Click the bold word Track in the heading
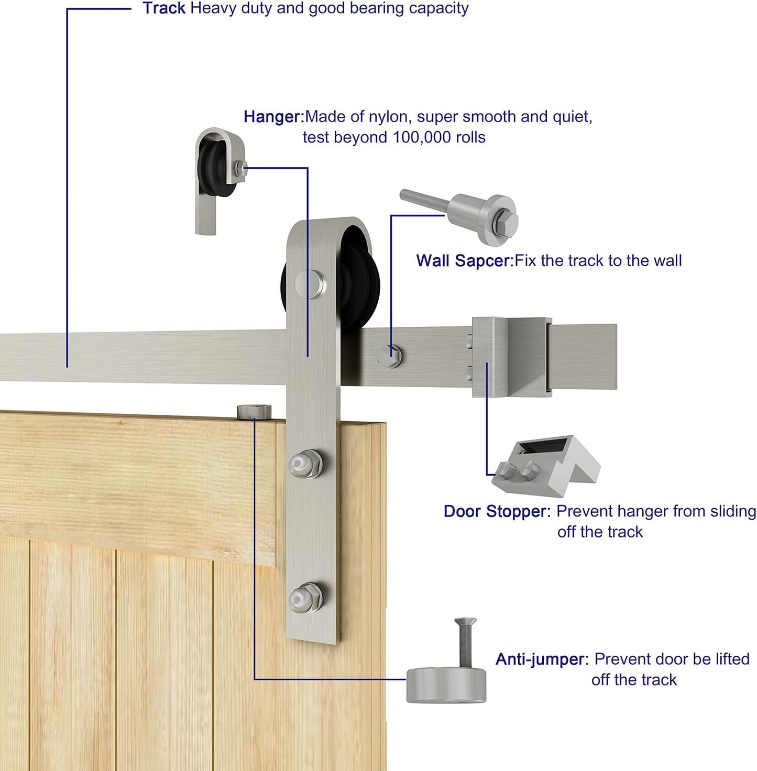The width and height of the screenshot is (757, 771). (x=164, y=8)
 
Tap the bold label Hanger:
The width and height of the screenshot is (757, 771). (x=273, y=116)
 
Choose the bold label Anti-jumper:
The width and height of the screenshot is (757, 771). (x=542, y=659)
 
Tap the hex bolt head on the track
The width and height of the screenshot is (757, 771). (x=390, y=356)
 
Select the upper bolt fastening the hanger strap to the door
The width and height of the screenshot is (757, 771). (x=305, y=463)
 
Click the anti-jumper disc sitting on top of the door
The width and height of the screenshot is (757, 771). (x=254, y=412)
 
